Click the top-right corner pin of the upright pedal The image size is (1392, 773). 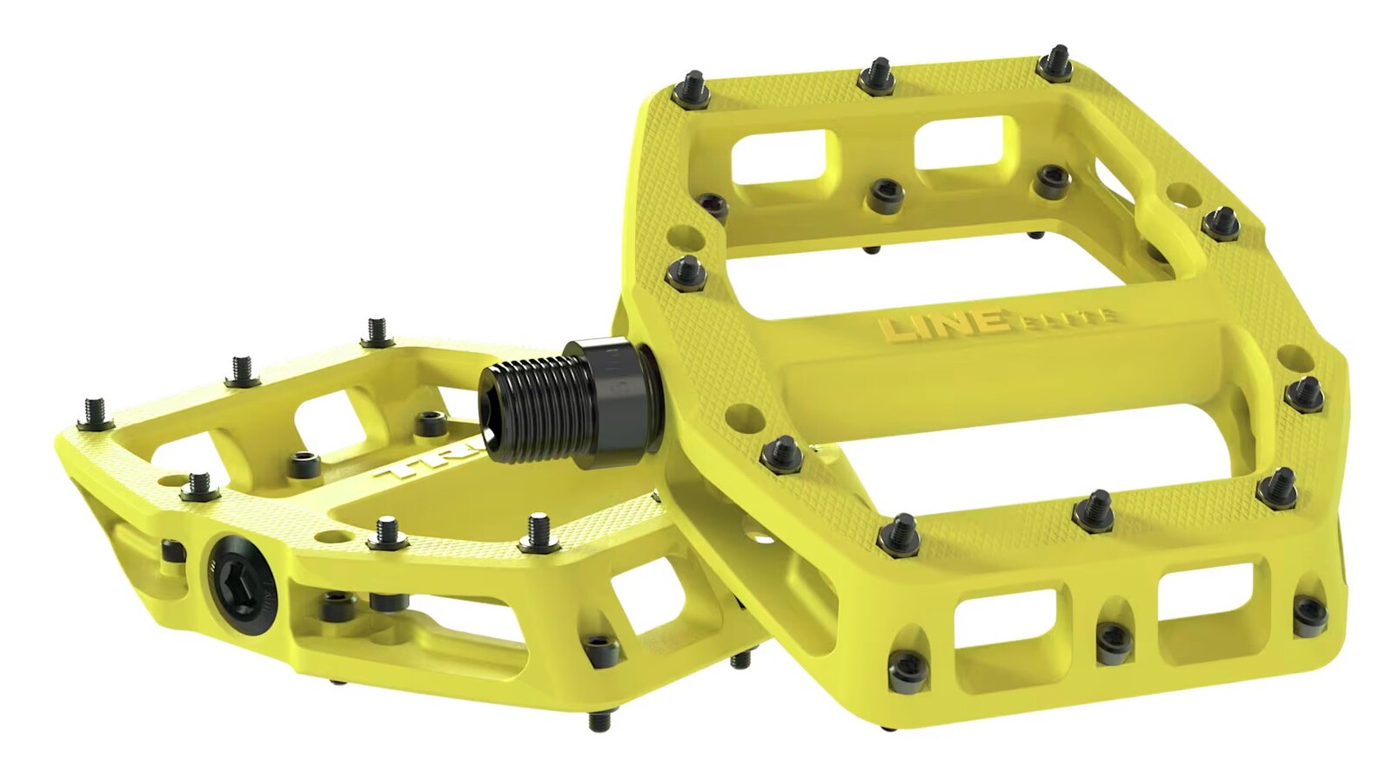(1055, 62)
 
